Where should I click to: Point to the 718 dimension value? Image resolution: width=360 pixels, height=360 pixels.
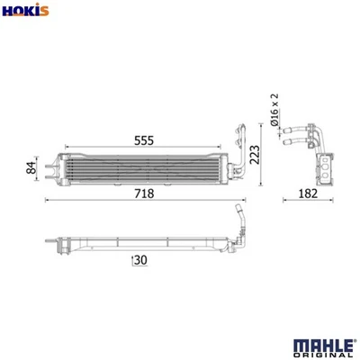(x=144, y=193)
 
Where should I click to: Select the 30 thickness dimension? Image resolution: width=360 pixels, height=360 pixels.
(x=139, y=261)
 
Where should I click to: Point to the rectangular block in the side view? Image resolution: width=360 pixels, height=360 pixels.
(x=327, y=169)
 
